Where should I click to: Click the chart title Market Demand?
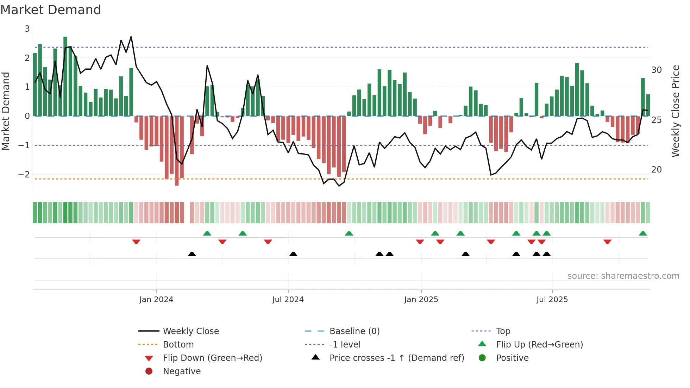click(51, 10)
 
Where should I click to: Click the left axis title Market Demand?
click(6, 111)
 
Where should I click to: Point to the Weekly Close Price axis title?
click(675, 111)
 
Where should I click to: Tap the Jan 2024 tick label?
click(156, 300)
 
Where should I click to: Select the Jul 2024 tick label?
click(288, 300)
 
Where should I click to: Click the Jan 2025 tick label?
click(421, 300)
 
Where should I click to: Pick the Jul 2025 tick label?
click(552, 300)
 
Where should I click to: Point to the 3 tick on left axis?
click(27, 29)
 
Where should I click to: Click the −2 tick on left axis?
click(24, 175)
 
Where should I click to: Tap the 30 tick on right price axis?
click(657, 70)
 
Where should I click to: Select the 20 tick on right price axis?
click(657, 170)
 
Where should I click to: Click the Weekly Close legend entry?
click(190, 331)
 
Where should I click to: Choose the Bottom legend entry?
click(178, 345)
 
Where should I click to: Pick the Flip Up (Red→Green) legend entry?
click(539, 345)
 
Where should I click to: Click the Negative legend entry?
click(182, 371)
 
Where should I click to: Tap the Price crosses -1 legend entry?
click(396, 358)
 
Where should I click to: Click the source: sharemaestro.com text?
click(623, 276)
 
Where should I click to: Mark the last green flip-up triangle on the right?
click(643, 233)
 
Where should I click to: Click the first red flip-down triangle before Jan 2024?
click(136, 242)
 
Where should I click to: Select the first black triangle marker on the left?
click(192, 254)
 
